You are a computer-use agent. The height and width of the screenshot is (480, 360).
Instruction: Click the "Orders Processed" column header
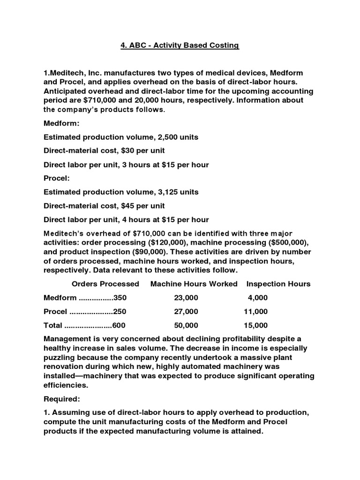point(105,284)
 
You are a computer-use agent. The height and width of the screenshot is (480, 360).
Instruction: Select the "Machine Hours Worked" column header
point(194,284)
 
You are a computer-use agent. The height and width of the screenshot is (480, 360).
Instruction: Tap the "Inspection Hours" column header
point(278,284)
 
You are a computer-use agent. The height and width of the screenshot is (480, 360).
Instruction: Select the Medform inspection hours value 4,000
point(257,298)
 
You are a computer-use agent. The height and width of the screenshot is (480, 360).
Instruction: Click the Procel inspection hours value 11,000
point(255,312)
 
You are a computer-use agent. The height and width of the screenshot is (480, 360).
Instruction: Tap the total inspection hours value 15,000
point(255,325)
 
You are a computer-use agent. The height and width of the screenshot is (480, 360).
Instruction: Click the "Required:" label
point(62,399)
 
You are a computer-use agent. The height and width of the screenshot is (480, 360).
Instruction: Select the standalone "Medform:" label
point(61,124)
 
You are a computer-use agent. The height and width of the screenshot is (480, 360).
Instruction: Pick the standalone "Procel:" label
point(57,179)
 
